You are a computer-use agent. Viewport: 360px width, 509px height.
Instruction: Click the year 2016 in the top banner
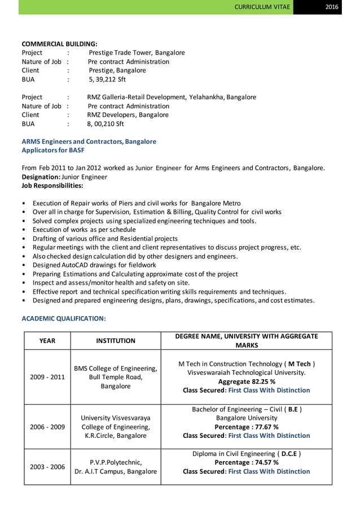[340, 7]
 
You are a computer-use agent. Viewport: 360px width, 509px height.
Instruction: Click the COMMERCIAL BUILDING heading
[59, 43]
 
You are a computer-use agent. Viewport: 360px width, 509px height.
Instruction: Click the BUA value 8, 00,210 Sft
[106, 124]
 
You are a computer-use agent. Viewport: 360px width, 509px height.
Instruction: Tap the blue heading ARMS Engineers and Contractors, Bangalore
[89, 142]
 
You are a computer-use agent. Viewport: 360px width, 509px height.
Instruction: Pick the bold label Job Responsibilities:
[52, 185]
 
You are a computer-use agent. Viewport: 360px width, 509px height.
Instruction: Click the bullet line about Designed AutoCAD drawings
[94, 265]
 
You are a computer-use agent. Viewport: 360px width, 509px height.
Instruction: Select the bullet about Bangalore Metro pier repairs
[136, 203]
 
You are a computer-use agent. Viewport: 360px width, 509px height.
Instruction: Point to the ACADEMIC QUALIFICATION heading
[63, 319]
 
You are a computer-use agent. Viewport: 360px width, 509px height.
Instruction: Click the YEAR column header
[47, 340]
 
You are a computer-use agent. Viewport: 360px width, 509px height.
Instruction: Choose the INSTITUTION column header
[115, 340]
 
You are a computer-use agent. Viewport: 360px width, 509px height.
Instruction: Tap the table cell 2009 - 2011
[47, 377]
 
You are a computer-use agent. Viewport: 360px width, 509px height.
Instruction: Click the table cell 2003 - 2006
[47, 467]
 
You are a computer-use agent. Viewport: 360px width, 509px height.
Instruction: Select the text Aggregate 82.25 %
[247, 381]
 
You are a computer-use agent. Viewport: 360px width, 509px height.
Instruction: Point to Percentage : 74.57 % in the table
[247, 462]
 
